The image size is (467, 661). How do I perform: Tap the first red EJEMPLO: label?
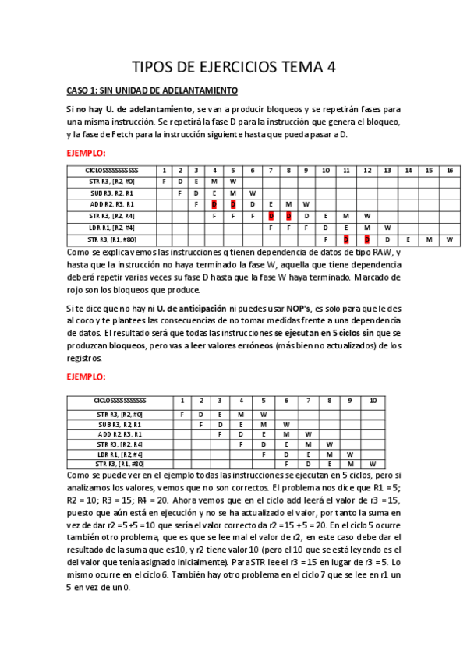pos(86,154)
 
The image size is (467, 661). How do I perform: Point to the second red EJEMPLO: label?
pos(86,376)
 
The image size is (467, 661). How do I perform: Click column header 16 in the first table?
pos(449,170)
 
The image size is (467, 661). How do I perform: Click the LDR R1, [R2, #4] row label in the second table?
pos(119,453)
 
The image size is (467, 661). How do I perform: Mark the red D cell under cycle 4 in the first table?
pos(214,204)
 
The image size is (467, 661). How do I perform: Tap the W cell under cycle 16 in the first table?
pos(449,239)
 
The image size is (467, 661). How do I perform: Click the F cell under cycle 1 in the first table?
pos(164,181)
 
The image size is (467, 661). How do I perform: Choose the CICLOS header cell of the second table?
pos(119,401)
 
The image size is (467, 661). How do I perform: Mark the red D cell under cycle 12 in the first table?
pos(366,239)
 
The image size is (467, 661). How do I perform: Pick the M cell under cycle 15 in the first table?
pos(428,239)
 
